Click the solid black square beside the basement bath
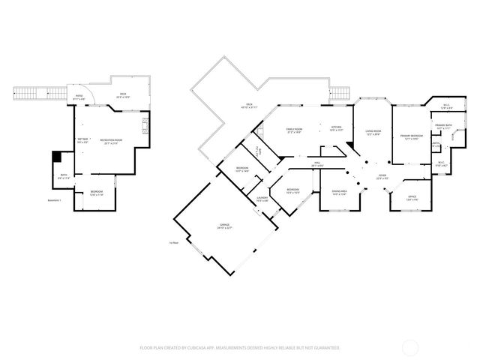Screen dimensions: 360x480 [x=55, y=157]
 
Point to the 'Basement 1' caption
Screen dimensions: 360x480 [x=54, y=200]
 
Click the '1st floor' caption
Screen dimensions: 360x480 [x=174, y=242]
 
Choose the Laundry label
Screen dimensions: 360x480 [x=262, y=199]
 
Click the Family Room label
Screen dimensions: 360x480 [x=294, y=130]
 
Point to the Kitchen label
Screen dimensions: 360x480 [x=337, y=127]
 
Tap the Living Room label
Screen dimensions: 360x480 [x=373, y=131]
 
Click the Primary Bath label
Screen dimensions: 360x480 [x=442, y=126]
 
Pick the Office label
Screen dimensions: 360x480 [x=411, y=198]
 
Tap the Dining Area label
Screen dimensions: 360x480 [x=339, y=192]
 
